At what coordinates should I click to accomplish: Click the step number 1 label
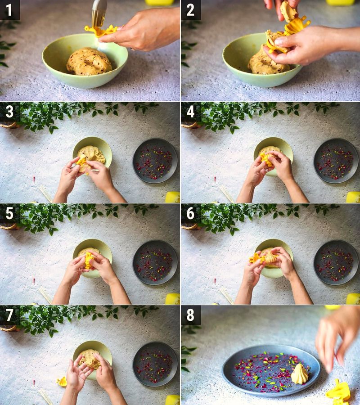(9, 9)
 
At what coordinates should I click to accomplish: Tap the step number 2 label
(190, 9)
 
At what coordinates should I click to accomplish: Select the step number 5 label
(9, 213)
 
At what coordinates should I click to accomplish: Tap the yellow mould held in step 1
(100, 31)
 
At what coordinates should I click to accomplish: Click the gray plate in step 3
(155, 161)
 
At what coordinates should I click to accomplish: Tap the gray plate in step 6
(336, 262)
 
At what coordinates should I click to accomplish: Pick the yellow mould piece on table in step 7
(62, 382)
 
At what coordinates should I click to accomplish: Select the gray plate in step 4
(336, 161)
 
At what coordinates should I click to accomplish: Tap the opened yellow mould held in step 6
(256, 258)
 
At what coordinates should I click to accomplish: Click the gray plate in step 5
(155, 262)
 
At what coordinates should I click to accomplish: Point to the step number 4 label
(190, 112)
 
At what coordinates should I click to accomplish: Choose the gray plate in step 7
(155, 364)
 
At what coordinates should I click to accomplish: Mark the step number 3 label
(9, 112)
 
